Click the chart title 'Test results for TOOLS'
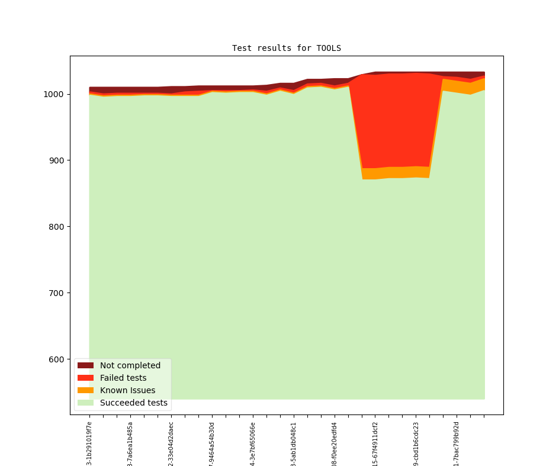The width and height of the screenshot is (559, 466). (x=286, y=48)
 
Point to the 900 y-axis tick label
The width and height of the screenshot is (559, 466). (x=57, y=160)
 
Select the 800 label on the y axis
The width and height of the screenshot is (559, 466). (x=57, y=227)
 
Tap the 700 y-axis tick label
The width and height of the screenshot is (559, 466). (x=57, y=293)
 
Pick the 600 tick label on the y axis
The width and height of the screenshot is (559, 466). (x=57, y=359)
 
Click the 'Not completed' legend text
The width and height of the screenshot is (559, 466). (x=130, y=365)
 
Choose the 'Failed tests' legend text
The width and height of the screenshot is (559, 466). (x=123, y=378)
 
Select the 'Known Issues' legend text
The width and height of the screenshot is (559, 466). (x=127, y=390)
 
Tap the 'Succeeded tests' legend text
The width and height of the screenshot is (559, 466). (x=133, y=403)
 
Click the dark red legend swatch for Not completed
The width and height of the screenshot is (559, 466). (x=85, y=365)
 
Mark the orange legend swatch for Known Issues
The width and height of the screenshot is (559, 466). (x=85, y=390)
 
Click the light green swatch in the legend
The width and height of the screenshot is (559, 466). (x=85, y=403)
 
